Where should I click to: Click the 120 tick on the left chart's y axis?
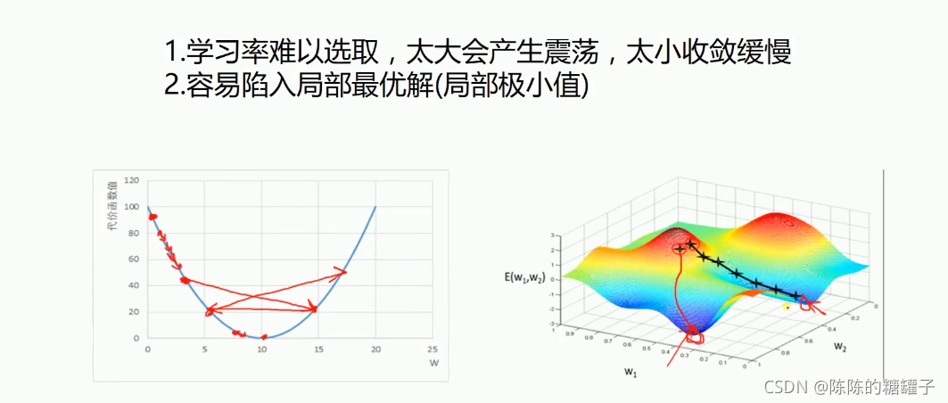pos(134,181)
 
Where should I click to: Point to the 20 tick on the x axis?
pos(375,350)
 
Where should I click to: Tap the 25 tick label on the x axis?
pos(432,350)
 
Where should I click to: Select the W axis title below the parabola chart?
pos(434,363)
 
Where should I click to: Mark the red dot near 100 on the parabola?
pos(153,217)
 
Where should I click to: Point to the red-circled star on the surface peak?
pos(680,249)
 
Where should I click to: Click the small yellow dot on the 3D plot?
pos(787,307)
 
